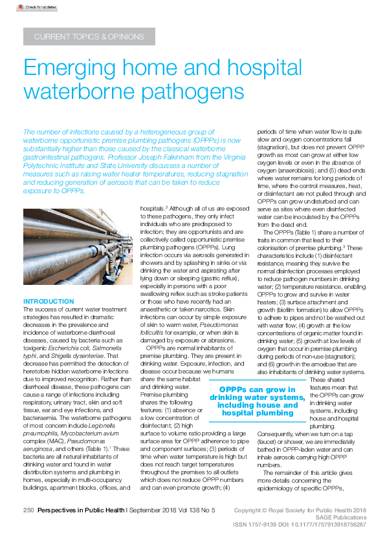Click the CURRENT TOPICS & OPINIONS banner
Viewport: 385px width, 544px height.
click(x=88, y=37)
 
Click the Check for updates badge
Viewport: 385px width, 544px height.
click(x=32, y=7)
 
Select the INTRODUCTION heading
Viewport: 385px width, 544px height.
click(x=48, y=302)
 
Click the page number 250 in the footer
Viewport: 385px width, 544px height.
click(x=28, y=510)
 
